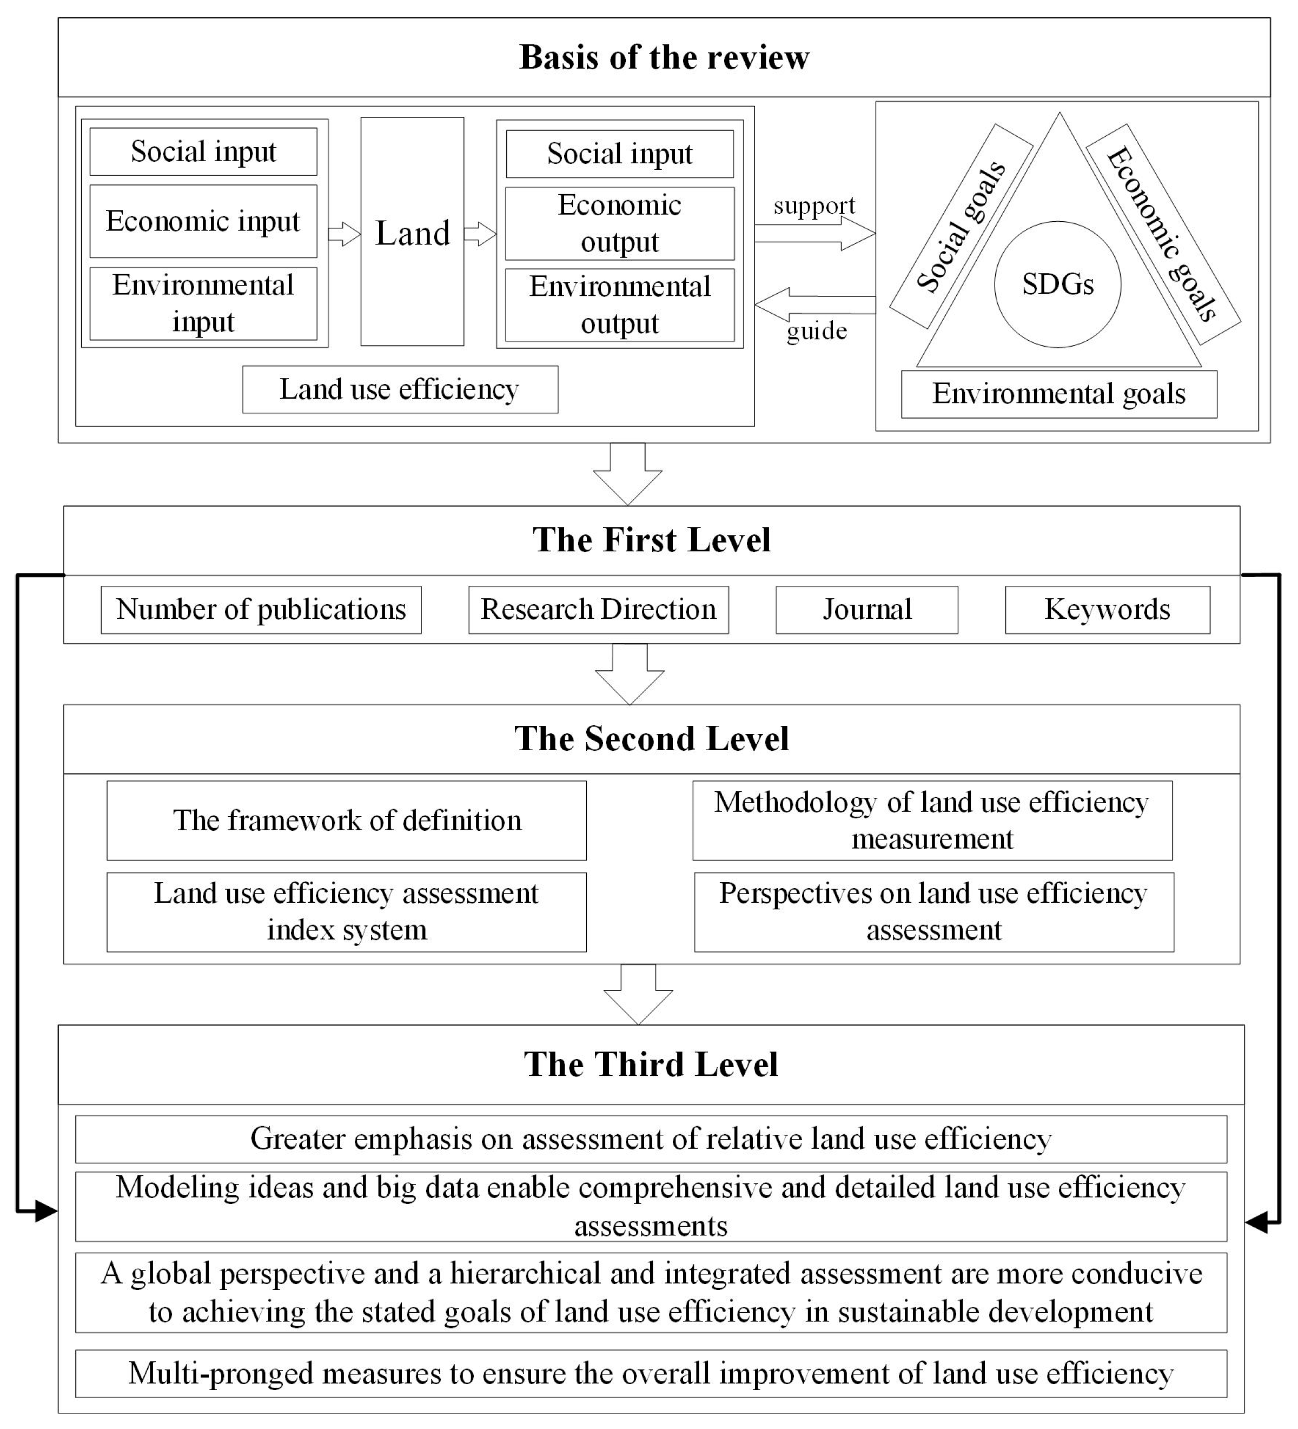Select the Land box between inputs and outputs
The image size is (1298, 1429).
(412, 232)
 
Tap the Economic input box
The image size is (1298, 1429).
(203, 221)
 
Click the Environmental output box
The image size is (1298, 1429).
(620, 305)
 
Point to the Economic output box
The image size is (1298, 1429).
(620, 223)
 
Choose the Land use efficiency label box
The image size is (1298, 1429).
(400, 389)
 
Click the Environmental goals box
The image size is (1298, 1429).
(1058, 394)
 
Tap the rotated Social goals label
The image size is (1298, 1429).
(961, 226)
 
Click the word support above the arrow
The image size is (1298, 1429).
(814, 206)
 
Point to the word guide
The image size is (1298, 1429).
(817, 331)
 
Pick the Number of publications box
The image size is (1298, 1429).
(261, 610)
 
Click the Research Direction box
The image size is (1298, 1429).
(598, 610)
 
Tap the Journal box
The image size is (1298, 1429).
(866, 610)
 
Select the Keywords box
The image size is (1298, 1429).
(1107, 610)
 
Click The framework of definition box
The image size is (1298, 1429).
(347, 820)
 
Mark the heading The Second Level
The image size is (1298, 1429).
(651, 739)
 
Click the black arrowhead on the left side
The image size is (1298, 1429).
(46, 1212)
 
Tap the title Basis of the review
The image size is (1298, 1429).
(664, 57)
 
